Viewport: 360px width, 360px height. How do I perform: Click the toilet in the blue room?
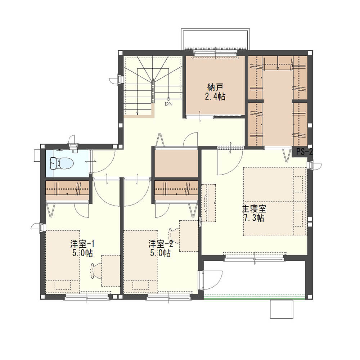(x=62, y=163)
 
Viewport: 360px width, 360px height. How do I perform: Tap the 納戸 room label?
(x=215, y=87)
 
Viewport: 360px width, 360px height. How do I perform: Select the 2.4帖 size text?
(x=215, y=97)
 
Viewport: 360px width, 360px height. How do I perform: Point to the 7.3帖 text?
(x=254, y=218)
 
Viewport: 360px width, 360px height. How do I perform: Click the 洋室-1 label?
(x=82, y=244)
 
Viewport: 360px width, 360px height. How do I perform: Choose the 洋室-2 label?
(x=161, y=244)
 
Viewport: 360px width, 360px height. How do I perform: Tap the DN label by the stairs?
(x=168, y=104)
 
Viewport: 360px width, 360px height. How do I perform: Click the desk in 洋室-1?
(x=111, y=271)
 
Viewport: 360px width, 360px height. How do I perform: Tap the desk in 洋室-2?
(x=189, y=236)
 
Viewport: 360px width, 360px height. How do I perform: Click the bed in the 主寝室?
(x=275, y=202)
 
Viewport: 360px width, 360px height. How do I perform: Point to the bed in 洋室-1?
(x=62, y=262)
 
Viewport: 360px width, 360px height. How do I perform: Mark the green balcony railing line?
(x=255, y=299)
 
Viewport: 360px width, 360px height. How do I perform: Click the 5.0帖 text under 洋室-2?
(x=161, y=253)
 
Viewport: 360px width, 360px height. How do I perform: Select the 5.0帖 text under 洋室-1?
(x=82, y=253)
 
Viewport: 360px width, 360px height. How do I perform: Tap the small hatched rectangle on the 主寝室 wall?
(x=200, y=222)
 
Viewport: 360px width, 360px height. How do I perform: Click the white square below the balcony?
(x=282, y=309)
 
